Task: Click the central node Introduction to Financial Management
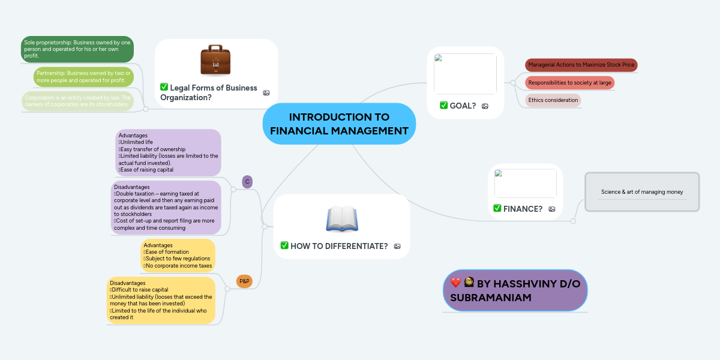click(x=339, y=124)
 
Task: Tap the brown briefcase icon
click(x=215, y=60)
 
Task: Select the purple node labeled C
click(x=247, y=181)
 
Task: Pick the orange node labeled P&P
click(x=244, y=281)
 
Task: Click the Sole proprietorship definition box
click(x=77, y=49)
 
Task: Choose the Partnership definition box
click(x=83, y=76)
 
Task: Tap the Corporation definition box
click(x=77, y=101)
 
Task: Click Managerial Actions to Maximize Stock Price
click(x=581, y=64)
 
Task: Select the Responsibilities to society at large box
click(x=569, y=82)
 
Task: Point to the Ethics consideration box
click(x=553, y=100)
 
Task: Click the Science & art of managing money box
click(x=642, y=192)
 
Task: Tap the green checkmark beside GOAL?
click(x=443, y=106)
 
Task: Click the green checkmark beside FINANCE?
click(x=497, y=208)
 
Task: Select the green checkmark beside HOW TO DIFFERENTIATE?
click(x=284, y=245)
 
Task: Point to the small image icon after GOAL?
click(x=485, y=106)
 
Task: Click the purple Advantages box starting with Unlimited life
click(x=168, y=152)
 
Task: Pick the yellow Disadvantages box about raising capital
click(x=161, y=300)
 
